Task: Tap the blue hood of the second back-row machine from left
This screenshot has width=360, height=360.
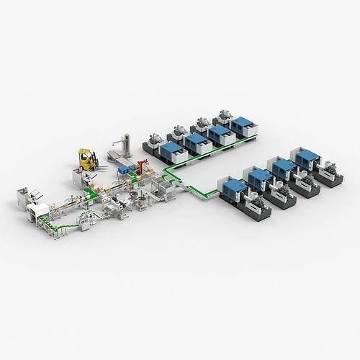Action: (x=194, y=142)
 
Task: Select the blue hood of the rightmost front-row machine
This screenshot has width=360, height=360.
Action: (x=302, y=156)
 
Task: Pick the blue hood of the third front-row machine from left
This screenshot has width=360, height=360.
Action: (x=282, y=167)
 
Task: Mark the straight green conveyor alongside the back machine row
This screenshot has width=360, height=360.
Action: (x=209, y=156)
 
